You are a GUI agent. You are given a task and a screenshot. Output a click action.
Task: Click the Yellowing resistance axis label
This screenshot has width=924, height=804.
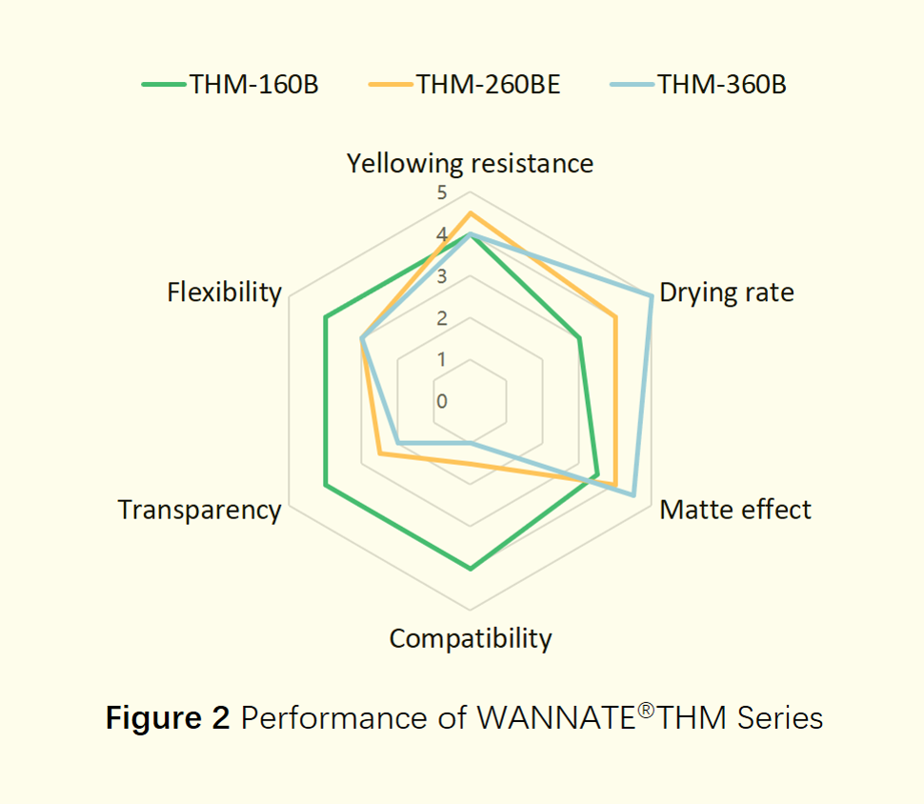470,163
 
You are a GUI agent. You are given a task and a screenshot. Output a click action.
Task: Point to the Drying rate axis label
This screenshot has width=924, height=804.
726,291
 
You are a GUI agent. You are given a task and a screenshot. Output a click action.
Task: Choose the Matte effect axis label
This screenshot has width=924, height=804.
735,510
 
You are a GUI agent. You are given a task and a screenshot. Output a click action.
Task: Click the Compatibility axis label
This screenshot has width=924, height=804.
470,637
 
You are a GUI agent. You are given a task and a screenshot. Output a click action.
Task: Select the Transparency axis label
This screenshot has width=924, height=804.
200,510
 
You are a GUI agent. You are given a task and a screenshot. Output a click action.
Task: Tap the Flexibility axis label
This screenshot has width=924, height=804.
225,291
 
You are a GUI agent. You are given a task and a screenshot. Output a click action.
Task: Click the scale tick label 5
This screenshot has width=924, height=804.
441,193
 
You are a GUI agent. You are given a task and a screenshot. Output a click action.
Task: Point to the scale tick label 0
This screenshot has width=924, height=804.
441,401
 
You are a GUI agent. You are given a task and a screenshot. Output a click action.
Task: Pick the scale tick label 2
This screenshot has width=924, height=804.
441,318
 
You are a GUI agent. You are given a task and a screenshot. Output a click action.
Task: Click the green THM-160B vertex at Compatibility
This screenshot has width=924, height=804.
470,569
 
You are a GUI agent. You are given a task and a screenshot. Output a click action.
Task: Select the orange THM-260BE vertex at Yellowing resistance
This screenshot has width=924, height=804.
470,213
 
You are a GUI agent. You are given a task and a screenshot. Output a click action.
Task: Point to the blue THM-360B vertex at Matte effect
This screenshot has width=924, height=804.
633,495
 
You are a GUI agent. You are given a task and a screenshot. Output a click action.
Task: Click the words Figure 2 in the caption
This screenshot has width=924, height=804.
168,717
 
